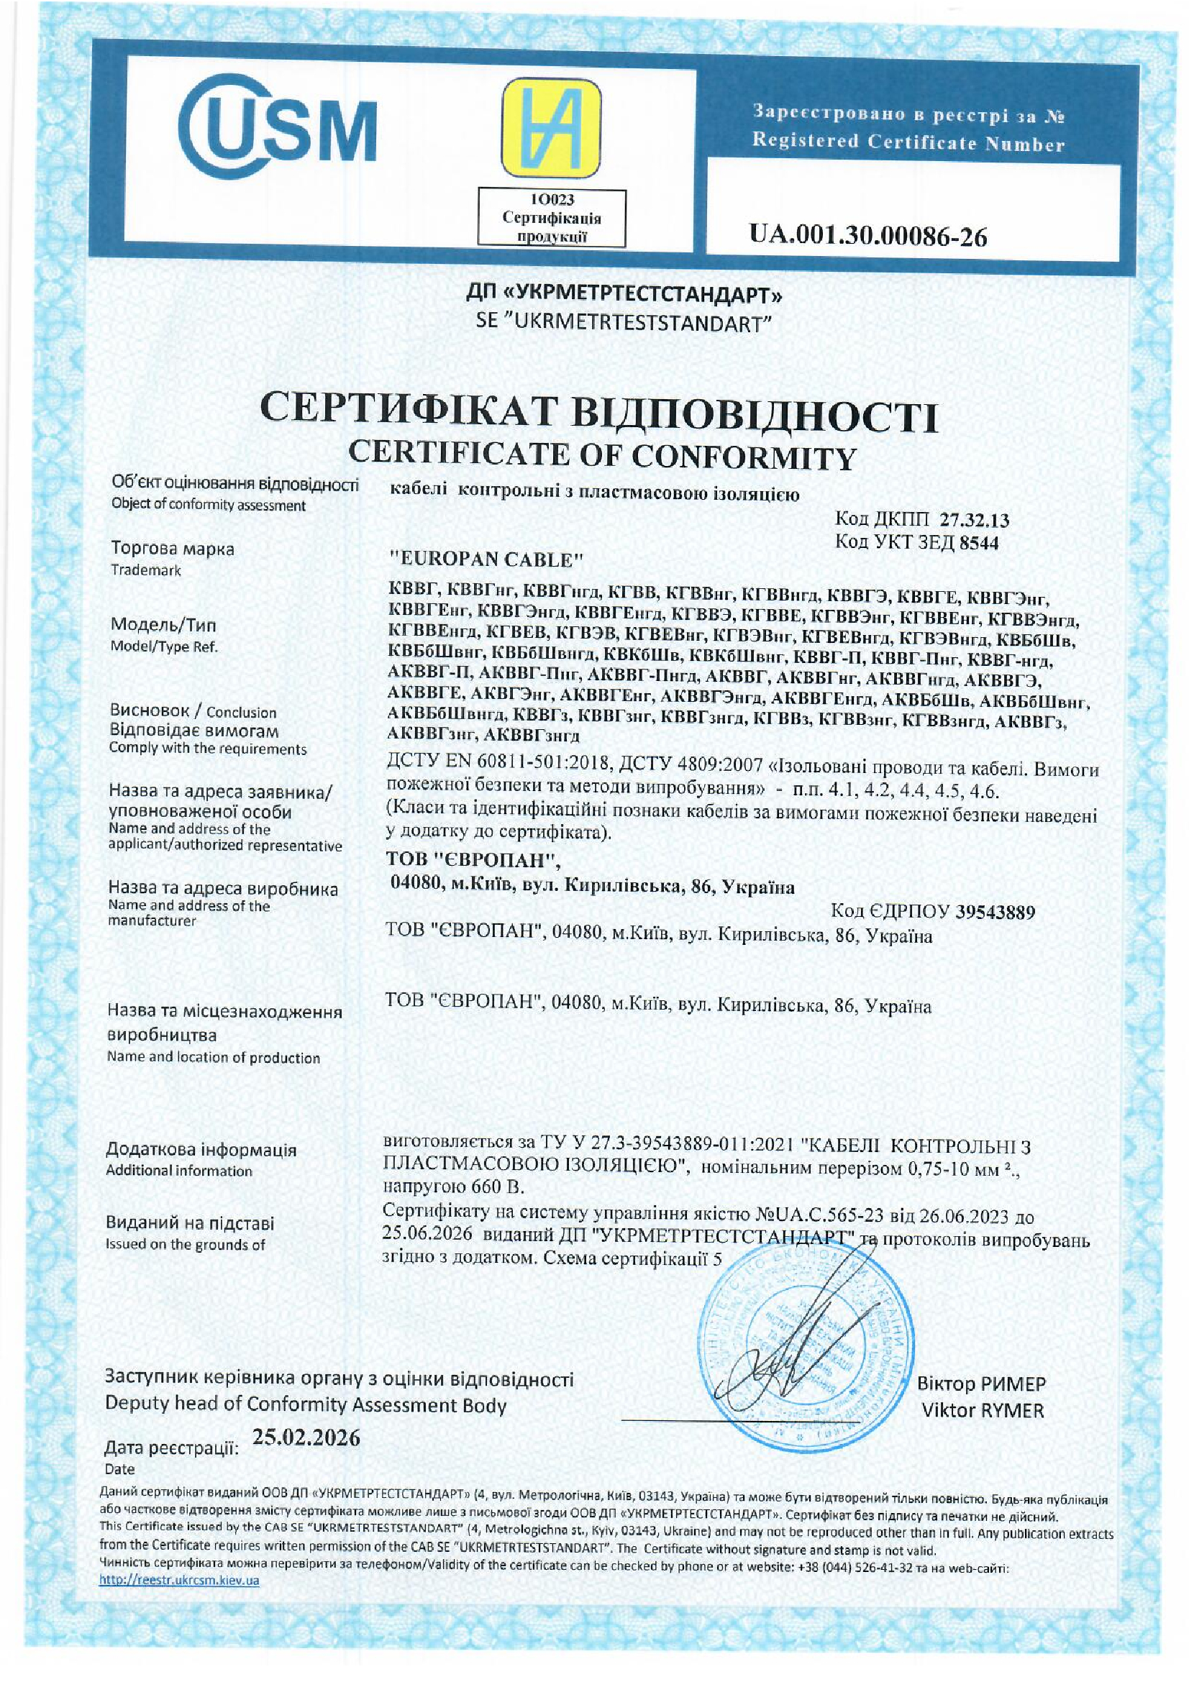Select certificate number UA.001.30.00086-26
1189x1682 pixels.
coord(867,236)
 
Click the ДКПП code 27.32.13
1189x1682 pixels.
coord(975,521)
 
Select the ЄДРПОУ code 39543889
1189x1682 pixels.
coord(995,912)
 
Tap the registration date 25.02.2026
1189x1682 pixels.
coord(306,1438)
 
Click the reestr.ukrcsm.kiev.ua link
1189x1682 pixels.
coord(180,1580)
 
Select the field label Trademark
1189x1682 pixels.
coord(146,570)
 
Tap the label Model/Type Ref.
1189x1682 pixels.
coord(163,647)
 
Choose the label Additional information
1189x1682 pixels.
coord(179,1171)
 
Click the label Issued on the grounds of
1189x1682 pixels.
coord(186,1244)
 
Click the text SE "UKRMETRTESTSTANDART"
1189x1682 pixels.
coord(624,323)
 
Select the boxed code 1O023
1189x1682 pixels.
coord(551,199)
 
